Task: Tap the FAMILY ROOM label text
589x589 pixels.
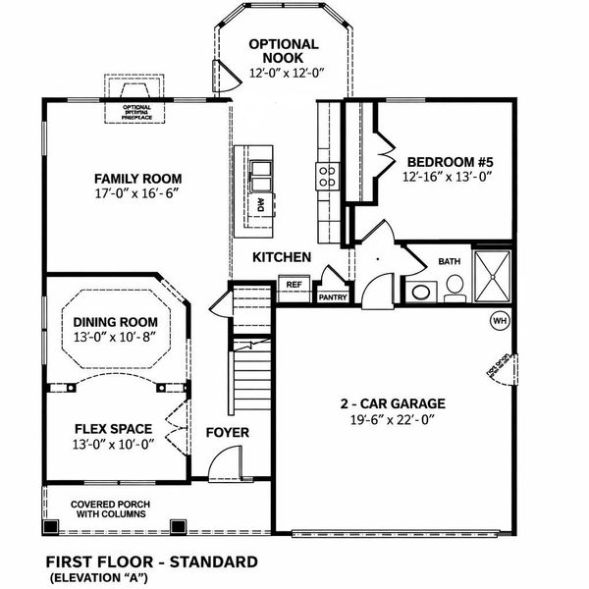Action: click(x=137, y=179)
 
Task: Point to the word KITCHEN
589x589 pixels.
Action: click(x=282, y=257)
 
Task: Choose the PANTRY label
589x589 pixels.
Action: click(x=333, y=295)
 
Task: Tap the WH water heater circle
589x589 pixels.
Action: click(x=499, y=320)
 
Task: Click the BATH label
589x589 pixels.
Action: click(x=449, y=262)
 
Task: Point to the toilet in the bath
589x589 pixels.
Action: click(x=454, y=286)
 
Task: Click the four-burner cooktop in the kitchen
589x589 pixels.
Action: click(x=326, y=177)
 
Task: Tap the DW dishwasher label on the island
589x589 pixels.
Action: click(x=262, y=206)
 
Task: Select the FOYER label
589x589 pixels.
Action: click(x=227, y=433)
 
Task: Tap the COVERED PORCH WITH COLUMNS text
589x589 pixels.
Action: click(x=108, y=509)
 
